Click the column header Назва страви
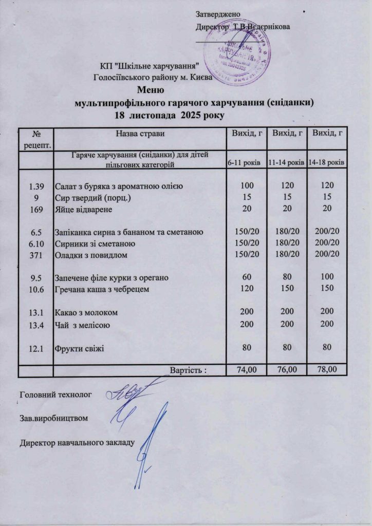point(140,134)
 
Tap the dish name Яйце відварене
point(84,210)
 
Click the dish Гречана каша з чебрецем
point(109,290)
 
